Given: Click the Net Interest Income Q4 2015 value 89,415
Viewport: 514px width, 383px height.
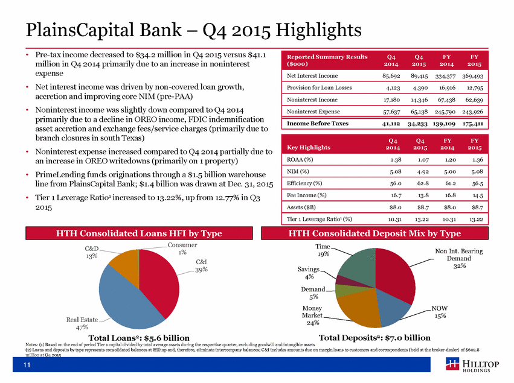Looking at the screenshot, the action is [419, 76].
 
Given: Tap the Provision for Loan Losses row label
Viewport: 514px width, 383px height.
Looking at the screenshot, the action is [320, 87].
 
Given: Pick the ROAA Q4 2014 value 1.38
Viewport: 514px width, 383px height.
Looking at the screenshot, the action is [396, 160].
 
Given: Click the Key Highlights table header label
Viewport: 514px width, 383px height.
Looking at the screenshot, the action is [309, 147].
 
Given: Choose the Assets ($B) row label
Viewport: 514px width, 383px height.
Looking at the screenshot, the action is [301, 207].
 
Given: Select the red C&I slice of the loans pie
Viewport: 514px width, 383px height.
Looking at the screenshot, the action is [158, 282].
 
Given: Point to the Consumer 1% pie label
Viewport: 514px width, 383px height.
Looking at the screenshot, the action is [182, 248].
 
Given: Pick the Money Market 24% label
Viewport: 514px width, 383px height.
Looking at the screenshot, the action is [312, 315].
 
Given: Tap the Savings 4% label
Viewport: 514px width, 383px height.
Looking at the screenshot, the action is [309, 273].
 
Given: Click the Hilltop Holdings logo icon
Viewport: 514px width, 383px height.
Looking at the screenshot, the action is [452, 364].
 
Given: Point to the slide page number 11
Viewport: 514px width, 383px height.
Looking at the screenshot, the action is [27, 365].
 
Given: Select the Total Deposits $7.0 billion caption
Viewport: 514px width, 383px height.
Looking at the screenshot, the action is [374, 338].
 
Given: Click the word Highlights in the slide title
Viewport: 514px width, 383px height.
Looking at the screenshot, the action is [318, 30].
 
